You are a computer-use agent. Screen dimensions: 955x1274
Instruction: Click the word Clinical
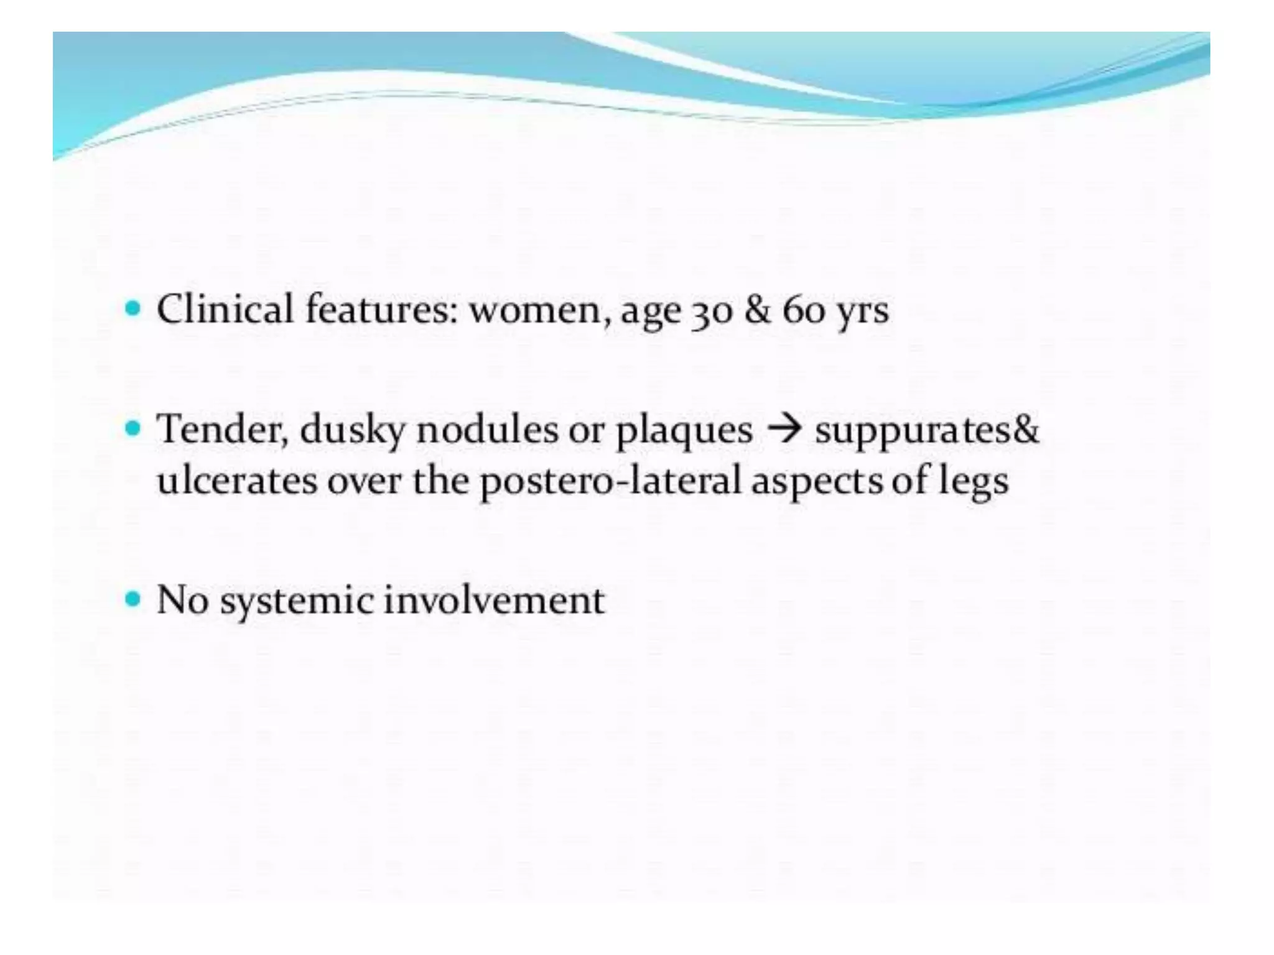(225, 309)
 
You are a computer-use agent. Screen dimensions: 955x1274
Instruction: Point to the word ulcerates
(237, 480)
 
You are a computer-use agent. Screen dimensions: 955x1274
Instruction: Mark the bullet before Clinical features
(133, 307)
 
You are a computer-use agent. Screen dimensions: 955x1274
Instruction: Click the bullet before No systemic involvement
(133, 599)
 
